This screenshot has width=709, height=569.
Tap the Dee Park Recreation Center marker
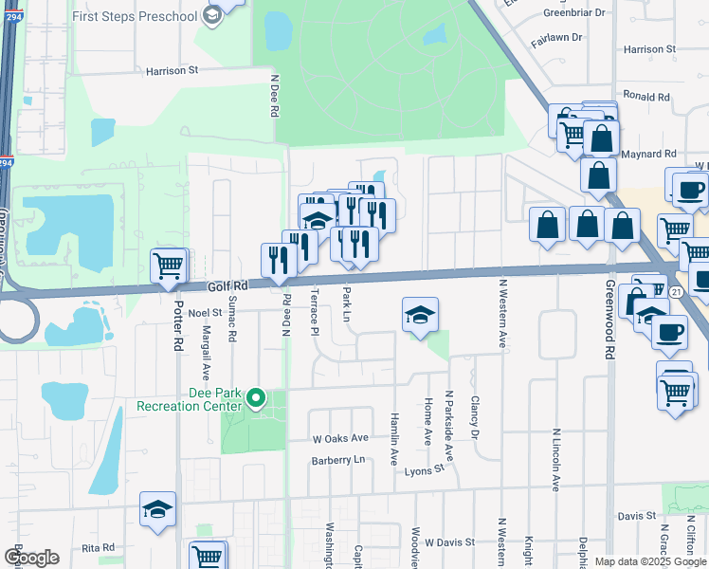[x=255, y=399]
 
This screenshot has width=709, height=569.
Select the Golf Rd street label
[x=227, y=285]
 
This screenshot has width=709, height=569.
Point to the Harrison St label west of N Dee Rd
[x=172, y=70]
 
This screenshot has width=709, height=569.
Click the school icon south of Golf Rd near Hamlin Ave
[x=419, y=316]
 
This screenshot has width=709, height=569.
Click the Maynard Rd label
[x=649, y=153]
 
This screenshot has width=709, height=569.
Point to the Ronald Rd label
[x=646, y=97]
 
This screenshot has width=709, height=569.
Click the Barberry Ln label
[x=338, y=460]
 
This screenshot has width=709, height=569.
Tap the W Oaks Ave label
[x=340, y=439]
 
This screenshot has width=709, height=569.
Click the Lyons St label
[x=424, y=470]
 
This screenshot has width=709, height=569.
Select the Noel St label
[x=204, y=312]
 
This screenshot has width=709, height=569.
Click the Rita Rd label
[x=98, y=548]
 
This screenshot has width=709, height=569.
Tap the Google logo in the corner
[x=31, y=558]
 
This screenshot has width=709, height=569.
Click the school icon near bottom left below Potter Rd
[x=158, y=509]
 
